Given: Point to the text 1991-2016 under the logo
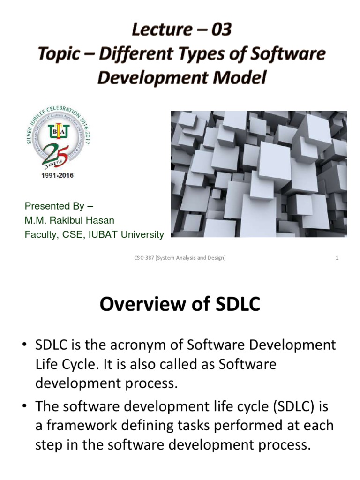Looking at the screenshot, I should coord(55,176).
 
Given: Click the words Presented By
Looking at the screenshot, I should coord(54,206).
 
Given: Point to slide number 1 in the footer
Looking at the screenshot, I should coord(337,258).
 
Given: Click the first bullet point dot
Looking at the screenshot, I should coord(24,346).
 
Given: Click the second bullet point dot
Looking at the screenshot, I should coord(24,405).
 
